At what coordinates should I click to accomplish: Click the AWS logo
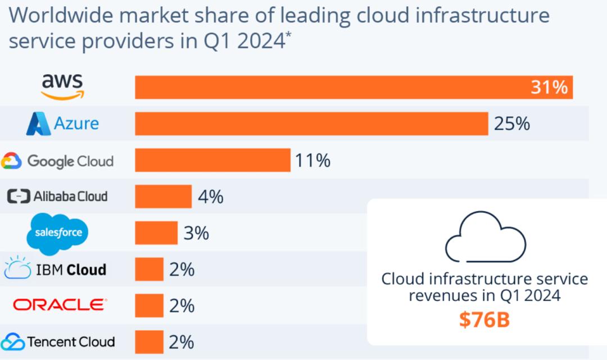[62, 87]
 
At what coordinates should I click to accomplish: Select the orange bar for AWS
[354, 87]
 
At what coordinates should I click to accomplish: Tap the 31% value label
[549, 88]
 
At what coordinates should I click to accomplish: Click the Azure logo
[62, 124]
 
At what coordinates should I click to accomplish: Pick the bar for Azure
[311, 124]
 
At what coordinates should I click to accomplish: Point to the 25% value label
[511, 124]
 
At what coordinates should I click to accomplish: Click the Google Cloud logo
[57, 161]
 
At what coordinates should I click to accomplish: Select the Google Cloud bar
[212, 160]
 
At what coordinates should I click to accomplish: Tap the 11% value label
[312, 161]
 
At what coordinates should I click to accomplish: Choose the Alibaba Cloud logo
[57, 197]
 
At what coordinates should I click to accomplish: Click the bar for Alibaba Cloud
[163, 197]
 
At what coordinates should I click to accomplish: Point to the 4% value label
[211, 197]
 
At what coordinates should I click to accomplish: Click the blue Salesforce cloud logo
[57, 232]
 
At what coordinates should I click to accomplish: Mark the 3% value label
[196, 233]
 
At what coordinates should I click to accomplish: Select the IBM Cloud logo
[55, 269]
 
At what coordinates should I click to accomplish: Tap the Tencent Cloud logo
[57, 341]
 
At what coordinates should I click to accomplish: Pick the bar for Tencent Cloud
[149, 341]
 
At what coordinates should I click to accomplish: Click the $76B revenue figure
[484, 320]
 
